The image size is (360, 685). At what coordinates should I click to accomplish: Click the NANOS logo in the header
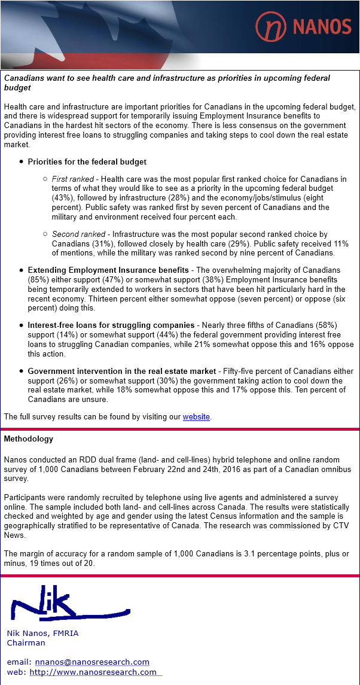[303, 26]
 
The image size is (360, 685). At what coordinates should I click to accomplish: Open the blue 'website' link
[196, 417]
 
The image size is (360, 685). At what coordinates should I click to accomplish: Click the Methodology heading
[29, 439]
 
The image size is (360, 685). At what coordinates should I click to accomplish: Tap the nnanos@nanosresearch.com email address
[92, 662]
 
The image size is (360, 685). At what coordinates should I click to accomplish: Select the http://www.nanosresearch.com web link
[93, 672]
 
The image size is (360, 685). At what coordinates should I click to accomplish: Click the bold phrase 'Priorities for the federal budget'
[87, 162]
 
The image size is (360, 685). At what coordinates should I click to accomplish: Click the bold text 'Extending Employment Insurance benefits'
[108, 270]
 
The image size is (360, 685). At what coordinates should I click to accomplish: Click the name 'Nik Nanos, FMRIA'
[42, 633]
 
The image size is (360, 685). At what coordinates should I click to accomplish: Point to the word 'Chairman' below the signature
[26, 643]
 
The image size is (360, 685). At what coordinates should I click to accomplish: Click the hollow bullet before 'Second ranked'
[45, 235]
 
